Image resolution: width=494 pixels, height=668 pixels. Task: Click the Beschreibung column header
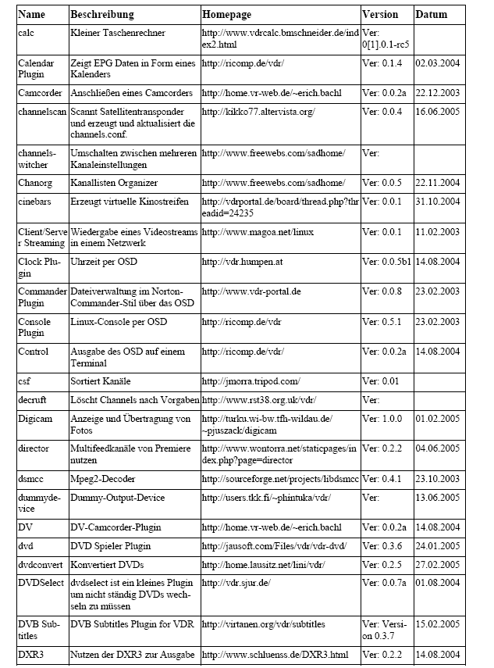(x=102, y=14)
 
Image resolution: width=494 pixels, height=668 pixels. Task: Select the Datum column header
(x=431, y=14)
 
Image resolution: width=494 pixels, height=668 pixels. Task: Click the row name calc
(x=27, y=33)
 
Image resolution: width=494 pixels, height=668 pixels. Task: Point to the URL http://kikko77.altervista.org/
(x=258, y=112)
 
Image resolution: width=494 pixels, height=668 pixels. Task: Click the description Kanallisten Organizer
(x=114, y=183)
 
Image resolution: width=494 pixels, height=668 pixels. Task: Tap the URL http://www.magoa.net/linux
(x=258, y=232)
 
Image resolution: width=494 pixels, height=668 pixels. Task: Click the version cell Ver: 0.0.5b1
(x=386, y=262)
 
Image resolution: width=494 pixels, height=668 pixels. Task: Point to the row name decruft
(x=34, y=400)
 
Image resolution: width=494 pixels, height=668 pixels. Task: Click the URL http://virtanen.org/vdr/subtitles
(x=264, y=624)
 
